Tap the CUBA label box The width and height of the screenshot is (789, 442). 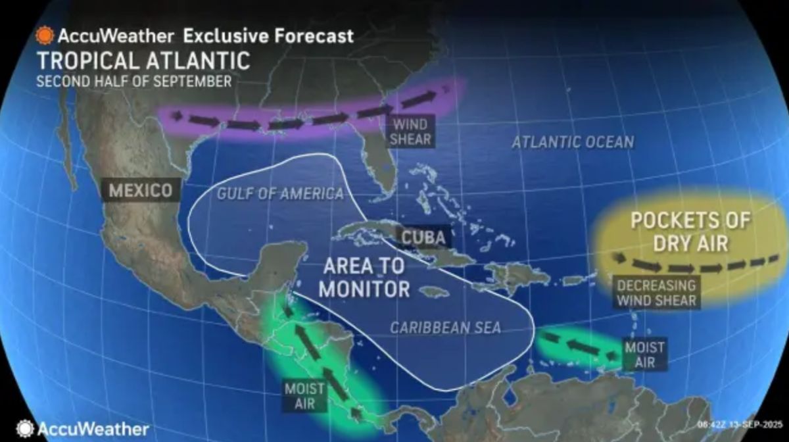[x=424, y=237]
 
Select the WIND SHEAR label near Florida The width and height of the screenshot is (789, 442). [x=412, y=132]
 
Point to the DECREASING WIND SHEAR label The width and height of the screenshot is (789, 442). [x=656, y=293]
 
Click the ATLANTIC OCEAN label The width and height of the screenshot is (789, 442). [x=573, y=141]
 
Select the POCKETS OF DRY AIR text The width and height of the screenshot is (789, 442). [x=690, y=231]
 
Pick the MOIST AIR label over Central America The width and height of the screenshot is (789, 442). [x=304, y=395]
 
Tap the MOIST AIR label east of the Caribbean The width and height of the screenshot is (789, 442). [x=644, y=354]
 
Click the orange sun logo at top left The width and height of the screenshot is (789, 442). [x=45, y=35]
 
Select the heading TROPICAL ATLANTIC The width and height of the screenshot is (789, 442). [x=143, y=61]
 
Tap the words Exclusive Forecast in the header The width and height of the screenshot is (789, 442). [x=268, y=35]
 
